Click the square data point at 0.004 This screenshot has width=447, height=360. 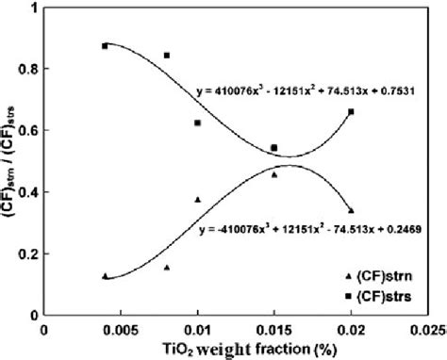[x=106, y=45]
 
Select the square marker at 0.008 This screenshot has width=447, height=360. [x=167, y=56]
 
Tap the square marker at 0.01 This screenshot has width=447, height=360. [x=198, y=123]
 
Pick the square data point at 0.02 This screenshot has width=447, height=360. [x=352, y=112]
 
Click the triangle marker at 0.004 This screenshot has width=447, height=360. [x=106, y=275]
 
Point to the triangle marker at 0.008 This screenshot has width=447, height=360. [x=167, y=267]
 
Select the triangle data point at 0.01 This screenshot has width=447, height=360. [x=198, y=199]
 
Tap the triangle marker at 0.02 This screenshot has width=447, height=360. [x=352, y=210]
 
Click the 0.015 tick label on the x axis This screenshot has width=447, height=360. [x=274, y=330]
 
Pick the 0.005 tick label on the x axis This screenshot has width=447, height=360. [x=121, y=330]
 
